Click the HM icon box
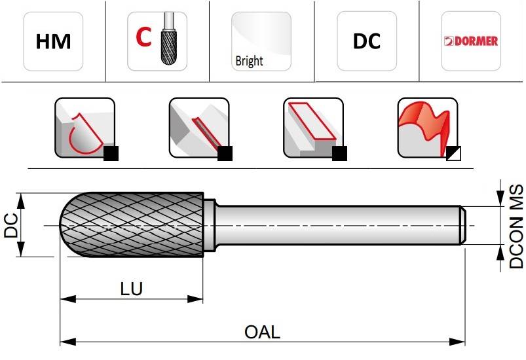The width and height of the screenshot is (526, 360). pyautogui.click(x=53, y=41)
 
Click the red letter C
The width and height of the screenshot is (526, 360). pyautogui.click(x=143, y=37)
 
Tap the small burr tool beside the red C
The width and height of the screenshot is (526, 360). pyautogui.click(x=169, y=38)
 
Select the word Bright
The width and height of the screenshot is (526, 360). pyautogui.click(x=249, y=61)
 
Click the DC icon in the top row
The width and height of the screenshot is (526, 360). pyautogui.click(x=367, y=41)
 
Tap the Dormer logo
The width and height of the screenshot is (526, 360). pyautogui.click(x=471, y=41)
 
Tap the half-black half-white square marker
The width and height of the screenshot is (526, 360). pyautogui.click(x=453, y=154)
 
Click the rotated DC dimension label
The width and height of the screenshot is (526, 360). pyautogui.click(x=10, y=225)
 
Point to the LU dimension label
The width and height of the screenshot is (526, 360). pyautogui.click(x=132, y=289)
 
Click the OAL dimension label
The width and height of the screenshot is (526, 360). pyautogui.click(x=262, y=332)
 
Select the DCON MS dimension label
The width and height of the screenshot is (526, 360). pyautogui.click(x=516, y=226)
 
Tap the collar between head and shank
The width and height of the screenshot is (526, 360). pyautogui.click(x=209, y=225)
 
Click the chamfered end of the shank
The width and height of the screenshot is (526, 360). pyautogui.click(x=463, y=225)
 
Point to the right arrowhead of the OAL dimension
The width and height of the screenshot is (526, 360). pyautogui.click(x=457, y=342)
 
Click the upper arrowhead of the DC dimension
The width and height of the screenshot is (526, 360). pyautogui.click(x=21, y=202)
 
